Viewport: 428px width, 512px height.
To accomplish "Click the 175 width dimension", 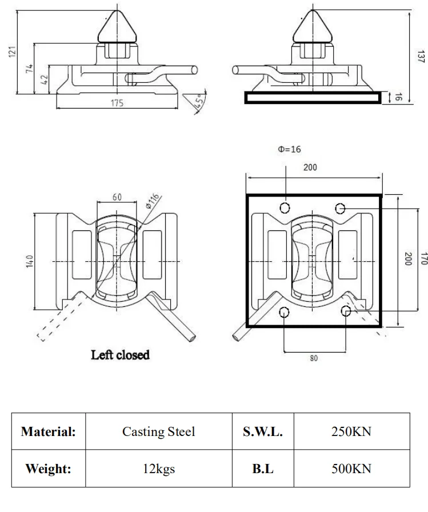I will click(117, 103).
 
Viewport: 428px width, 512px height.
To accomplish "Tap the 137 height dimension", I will click(422, 56).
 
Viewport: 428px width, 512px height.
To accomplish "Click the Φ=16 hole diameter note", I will click(289, 150).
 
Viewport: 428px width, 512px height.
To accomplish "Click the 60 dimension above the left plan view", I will click(117, 197).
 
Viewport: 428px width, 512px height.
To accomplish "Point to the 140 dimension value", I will click(29, 261).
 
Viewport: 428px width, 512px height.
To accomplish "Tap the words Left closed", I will click(121, 355).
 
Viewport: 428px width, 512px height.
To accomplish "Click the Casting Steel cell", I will click(158, 432).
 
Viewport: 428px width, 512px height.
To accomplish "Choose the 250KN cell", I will click(351, 432).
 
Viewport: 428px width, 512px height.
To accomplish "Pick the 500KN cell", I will click(351, 469).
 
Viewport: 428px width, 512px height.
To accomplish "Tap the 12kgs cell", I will click(158, 469).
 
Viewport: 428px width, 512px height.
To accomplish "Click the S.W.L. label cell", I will click(263, 432).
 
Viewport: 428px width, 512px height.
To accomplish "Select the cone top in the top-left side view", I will click(117, 26).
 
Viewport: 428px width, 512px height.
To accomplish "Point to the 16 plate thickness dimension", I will click(399, 97).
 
